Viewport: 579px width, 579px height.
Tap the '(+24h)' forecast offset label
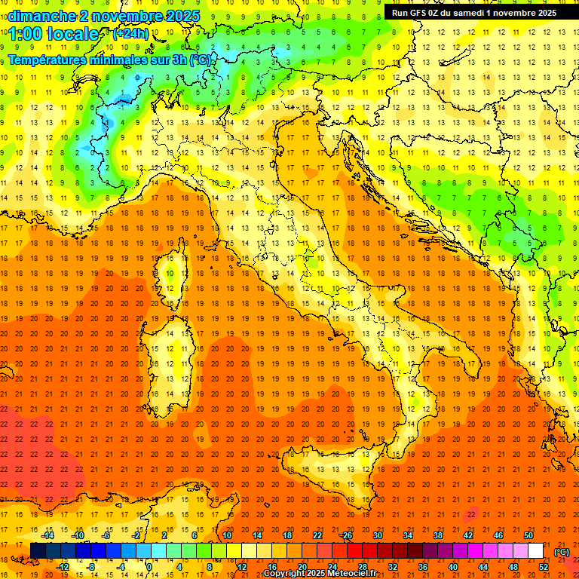(x=130, y=34)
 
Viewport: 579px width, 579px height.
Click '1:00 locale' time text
(x=54, y=34)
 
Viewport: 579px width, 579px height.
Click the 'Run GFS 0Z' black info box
(x=473, y=12)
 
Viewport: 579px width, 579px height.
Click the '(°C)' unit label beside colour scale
(x=562, y=552)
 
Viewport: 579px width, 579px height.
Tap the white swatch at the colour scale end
(x=536, y=551)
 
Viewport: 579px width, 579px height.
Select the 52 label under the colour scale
(x=544, y=567)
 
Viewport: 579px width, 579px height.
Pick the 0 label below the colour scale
(x=149, y=567)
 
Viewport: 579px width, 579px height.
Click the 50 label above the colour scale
(x=528, y=535)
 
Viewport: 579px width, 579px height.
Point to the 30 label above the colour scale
(x=378, y=535)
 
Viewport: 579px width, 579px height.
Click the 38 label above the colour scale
(x=438, y=535)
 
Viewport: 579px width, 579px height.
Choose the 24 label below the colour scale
(x=332, y=567)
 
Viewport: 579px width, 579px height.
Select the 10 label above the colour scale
(x=227, y=535)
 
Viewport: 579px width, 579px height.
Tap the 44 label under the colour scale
(x=483, y=567)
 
